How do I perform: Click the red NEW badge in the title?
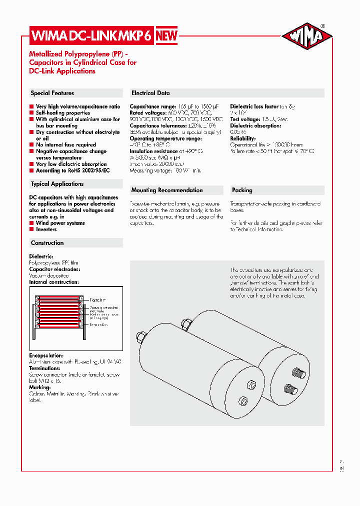tap(164, 35)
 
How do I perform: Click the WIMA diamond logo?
tap(307, 36)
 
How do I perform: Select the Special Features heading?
tap(52, 93)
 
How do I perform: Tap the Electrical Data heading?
tap(150, 93)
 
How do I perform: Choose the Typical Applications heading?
tap(57, 184)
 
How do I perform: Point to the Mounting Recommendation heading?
tap(167, 190)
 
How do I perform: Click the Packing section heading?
tap(242, 190)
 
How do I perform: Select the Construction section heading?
tap(47, 243)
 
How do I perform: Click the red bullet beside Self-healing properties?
tap(31, 113)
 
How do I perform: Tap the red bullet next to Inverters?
tap(31, 229)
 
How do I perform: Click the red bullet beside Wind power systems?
tap(31, 223)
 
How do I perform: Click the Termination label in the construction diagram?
tap(99, 325)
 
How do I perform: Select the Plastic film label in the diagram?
tap(97, 299)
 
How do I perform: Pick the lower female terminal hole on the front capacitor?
tap(244, 400)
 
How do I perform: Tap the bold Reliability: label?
tap(242, 138)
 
